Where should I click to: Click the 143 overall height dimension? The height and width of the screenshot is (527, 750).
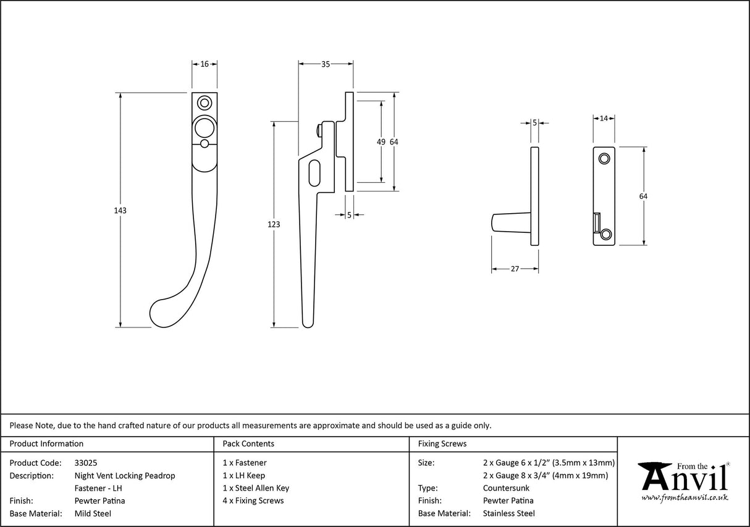tap(120, 211)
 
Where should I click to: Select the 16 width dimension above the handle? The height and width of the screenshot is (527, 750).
tap(204, 64)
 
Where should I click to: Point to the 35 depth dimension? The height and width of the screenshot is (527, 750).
tap(326, 64)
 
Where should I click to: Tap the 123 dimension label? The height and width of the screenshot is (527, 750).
tap(274, 224)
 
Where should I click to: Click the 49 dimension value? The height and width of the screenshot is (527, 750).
tap(381, 142)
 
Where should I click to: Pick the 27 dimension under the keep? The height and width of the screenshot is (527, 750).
tap(515, 269)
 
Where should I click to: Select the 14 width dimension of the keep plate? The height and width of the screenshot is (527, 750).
tap(604, 117)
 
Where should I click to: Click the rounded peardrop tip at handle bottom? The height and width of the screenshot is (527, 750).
tap(163, 314)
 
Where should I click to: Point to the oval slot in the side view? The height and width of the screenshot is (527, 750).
tap(314, 172)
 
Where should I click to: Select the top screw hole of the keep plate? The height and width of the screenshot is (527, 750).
tap(605, 159)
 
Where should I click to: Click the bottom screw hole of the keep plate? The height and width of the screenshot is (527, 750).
tap(606, 234)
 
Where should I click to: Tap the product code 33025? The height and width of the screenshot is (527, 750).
tap(85, 463)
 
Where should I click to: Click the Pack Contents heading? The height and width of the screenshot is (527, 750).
tap(248, 444)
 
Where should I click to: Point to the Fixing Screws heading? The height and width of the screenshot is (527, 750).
tap(442, 444)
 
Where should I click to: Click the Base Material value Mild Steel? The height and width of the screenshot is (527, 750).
tap(93, 513)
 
